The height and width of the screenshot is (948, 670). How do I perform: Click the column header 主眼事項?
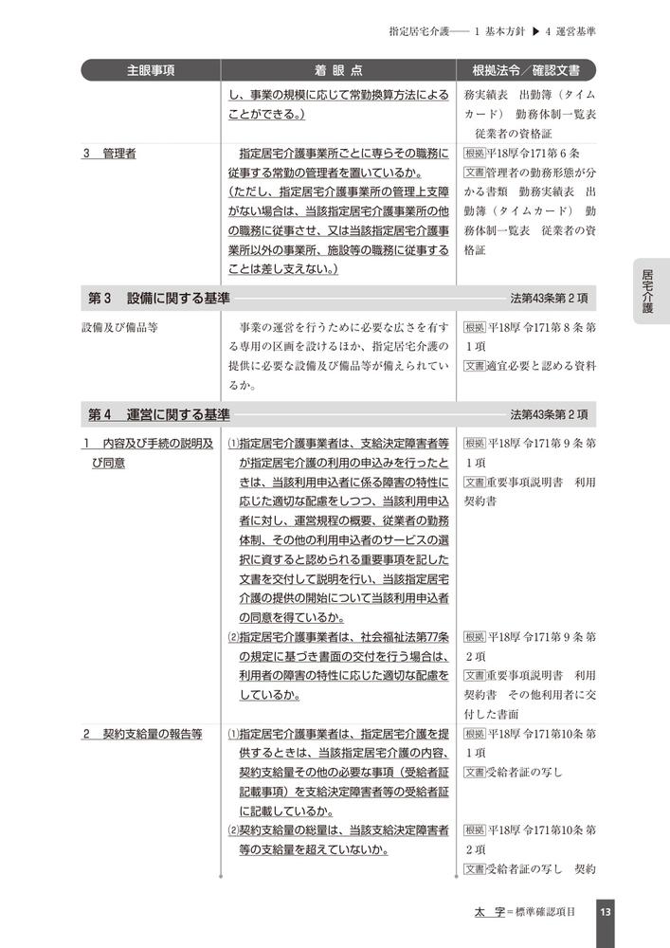coord(151,70)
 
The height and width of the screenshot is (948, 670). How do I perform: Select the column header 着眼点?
coord(338,70)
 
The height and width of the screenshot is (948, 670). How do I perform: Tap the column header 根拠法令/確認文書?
coord(527,70)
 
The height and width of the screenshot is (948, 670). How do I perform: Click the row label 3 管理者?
coord(109,154)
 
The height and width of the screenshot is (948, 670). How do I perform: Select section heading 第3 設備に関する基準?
coord(158,298)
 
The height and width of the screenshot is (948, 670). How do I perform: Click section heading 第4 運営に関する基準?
coord(158,414)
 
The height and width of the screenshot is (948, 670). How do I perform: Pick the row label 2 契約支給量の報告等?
coord(142,734)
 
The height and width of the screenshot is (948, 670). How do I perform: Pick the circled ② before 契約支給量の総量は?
coord(233,830)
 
